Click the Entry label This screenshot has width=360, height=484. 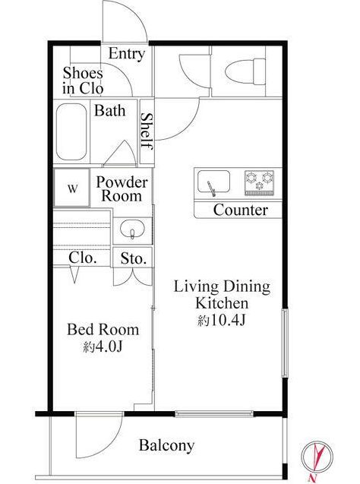pyautogui.click(x=127, y=54)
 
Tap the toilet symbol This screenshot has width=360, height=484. pyautogui.click(x=245, y=71)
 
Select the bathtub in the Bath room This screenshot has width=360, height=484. pyautogui.click(x=71, y=131)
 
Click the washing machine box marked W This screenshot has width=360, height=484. pyautogui.click(x=72, y=188)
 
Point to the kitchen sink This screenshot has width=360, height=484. pyautogui.click(x=213, y=182)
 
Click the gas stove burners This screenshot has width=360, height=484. pyautogui.click(x=259, y=182)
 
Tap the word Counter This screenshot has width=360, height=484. pyautogui.click(x=240, y=210)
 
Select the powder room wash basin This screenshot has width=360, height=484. pyautogui.click(x=132, y=229)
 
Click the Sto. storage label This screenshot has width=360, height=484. pyautogui.click(x=133, y=258)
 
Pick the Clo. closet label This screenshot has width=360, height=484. pyautogui.click(x=83, y=258)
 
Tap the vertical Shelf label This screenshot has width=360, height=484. pyautogui.click(x=147, y=131)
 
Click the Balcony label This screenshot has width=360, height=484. pyautogui.click(x=166, y=445)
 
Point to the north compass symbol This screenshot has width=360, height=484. pyautogui.click(x=317, y=457)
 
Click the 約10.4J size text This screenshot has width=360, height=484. pyautogui.click(x=221, y=321)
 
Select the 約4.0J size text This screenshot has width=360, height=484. pyautogui.click(x=103, y=346)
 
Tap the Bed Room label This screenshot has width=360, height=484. pyautogui.click(x=103, y=330)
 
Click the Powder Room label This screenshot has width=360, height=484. pyautogui.click(x=122, y=189)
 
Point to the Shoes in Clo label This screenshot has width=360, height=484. pyautogui.click(x=83, y=81)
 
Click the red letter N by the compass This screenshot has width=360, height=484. pyautogui.click(x=312, y=479)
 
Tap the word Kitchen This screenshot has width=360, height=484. pyautogui.click(x=222, y=303)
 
